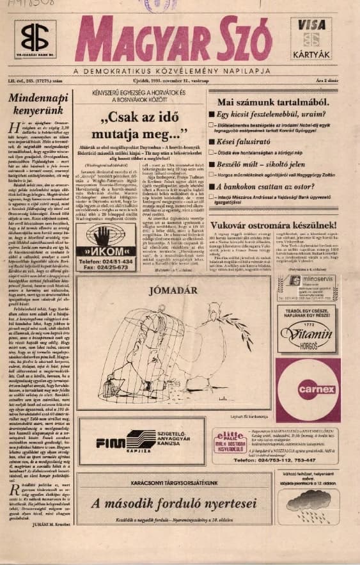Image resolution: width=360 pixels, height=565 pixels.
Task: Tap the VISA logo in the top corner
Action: [311, 24]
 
